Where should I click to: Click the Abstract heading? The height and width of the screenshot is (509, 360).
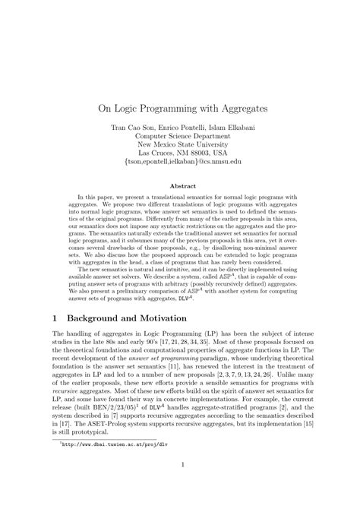point(180,185)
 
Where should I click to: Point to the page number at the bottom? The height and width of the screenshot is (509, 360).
point(180,486)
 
